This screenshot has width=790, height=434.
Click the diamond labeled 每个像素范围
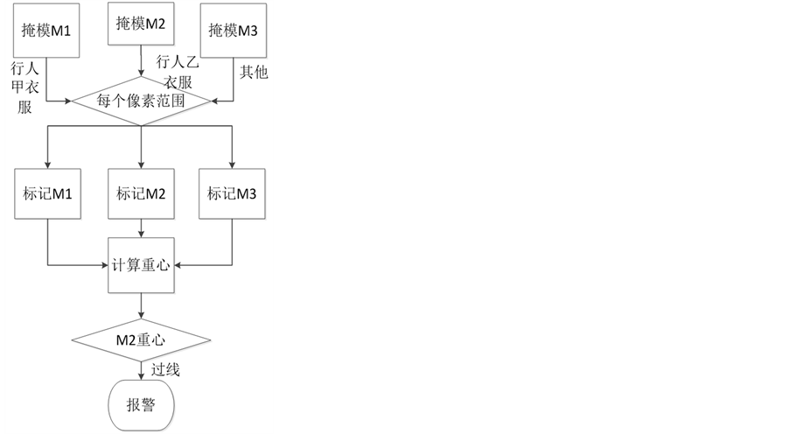click(141, 101)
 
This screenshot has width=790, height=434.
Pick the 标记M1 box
click(48, 194)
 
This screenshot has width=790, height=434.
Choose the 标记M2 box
click(141, 194)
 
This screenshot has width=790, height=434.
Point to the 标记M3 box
click(232, 194)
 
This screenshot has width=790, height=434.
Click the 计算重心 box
click(141, 263)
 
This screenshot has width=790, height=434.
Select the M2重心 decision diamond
click(141, 339)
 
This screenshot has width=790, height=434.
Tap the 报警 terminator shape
click(141, 404)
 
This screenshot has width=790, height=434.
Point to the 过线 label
click(166, 370)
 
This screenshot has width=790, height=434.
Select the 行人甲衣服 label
click(24, 87)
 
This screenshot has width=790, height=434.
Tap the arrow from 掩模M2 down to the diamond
click(141, 63)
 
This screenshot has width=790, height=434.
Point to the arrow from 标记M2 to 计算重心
click(141, 229)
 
